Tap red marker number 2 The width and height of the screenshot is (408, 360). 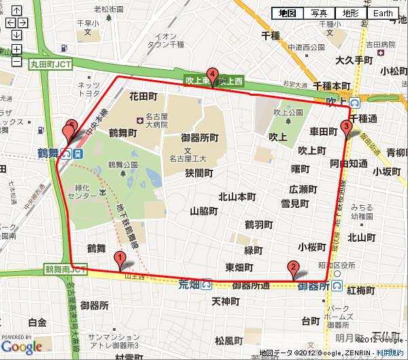(293, 268)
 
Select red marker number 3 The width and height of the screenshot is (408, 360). (346, 127)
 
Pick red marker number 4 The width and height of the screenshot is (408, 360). (213, 75)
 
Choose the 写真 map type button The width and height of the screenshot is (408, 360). (320, 13)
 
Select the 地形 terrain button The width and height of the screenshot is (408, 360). (351, 13)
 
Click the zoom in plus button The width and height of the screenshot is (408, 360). (16, 49)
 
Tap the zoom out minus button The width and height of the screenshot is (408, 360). (16, 61)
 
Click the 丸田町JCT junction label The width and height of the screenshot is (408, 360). (50, 65)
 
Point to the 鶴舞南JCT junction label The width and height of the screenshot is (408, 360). (65, 270)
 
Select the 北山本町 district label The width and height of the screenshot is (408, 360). (237, 197)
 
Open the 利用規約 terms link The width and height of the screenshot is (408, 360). (390, 353)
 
